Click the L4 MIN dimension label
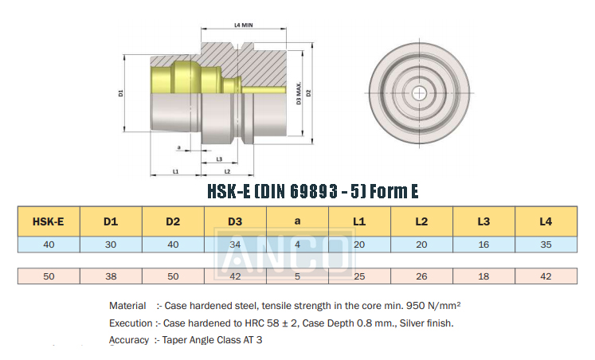click(x=243, y=25)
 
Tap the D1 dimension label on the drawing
click(x=120, y=93)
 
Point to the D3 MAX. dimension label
click(x=299, y=93)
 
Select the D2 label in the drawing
click(x=308, y=93)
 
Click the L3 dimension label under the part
click(x=219, y=159)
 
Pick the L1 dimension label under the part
click(x=175, y=171)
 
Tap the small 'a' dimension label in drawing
click(x=179, y=147)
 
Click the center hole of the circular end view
click(x=419, y=93)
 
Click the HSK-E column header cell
click(x=49, y=221)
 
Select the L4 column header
click(x=546, y=221)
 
